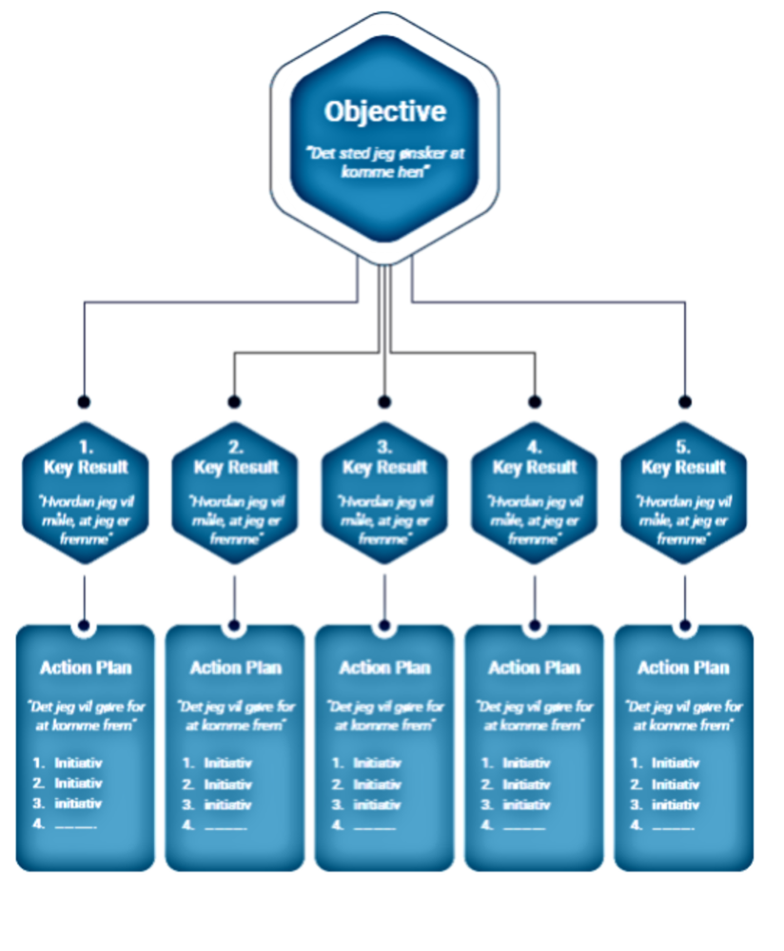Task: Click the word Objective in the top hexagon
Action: click(384, 112)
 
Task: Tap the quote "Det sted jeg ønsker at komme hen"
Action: click(384, 161)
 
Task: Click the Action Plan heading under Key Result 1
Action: click(86, 668)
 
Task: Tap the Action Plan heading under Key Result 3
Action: click(384, 668)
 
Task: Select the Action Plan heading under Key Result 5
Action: click(683, 668)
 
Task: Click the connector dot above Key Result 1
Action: click(86, 400)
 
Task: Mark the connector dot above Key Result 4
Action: click(534, 400)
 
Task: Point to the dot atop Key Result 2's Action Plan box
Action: click(235, 625)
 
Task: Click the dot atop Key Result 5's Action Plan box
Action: click(683, 625)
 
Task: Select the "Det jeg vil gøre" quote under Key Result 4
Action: click(534, 716)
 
